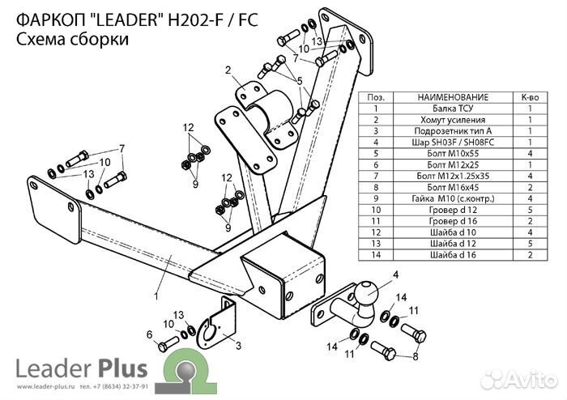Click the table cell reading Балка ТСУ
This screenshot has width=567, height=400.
point(454,108)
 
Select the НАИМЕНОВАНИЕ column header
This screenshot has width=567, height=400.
point(454,96)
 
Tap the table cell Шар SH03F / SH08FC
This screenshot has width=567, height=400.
point(454,142)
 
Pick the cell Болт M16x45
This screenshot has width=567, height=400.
point(454,187)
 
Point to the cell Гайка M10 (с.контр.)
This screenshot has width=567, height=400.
point(454,198)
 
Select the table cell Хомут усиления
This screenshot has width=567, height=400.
point(454,119)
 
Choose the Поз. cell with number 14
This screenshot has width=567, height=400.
point(376,255)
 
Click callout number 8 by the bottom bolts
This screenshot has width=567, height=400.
point(416,355)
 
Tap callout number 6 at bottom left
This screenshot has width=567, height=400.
point(149,334)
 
